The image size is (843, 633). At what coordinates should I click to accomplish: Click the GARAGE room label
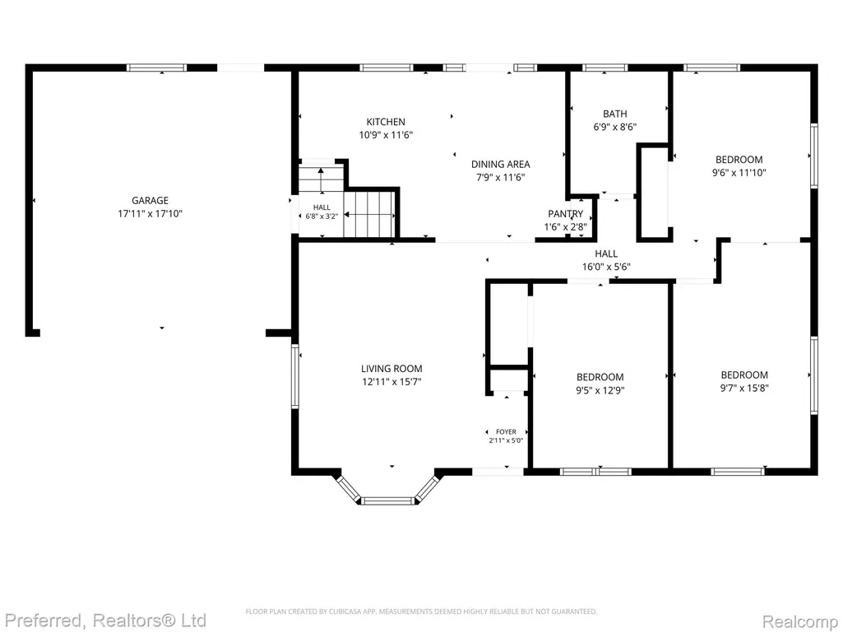click(150, 200)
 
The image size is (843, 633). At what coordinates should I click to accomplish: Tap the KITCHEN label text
click(386, 122)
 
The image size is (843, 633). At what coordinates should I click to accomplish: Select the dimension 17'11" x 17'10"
click(150, 214)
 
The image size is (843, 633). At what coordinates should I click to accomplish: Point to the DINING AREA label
click(501, 164)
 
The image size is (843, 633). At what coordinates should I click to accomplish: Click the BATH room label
click(614, 114)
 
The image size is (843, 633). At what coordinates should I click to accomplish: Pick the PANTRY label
click(566, 214)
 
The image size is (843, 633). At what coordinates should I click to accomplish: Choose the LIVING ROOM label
click(391, 369)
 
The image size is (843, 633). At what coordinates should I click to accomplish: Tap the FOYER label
click(506, 431)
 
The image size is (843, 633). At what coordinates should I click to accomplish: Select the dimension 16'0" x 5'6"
click(606, 267)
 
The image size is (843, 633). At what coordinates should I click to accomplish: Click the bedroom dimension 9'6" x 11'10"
click(739, 173)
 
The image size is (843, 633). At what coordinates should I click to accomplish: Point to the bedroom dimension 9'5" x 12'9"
click(600, 390)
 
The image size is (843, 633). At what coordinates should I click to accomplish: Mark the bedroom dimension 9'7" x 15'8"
click(744, 388)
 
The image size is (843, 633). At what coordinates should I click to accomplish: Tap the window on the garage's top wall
click(156, 67)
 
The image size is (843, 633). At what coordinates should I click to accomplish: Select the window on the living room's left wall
click(294, 376)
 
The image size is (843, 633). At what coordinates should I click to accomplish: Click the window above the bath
click(604, 67)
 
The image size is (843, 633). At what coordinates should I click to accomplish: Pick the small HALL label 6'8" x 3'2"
click(322, 212)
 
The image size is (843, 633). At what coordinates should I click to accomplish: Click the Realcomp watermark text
click(800, 621)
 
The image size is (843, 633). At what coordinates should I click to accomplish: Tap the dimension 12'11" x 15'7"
click(391, 382)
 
